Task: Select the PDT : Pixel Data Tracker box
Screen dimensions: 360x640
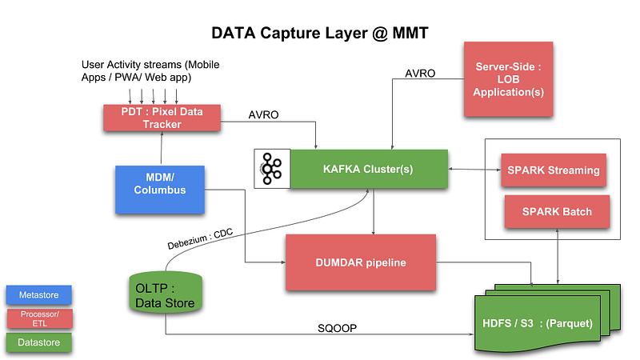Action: [x=162, y=118]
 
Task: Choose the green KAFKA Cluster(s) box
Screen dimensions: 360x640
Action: [x=369, y=170]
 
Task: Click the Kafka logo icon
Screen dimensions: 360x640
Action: [x=271, y=170]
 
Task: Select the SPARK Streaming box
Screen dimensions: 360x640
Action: [x=552, y=170]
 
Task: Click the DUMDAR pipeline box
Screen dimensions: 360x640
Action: [x=361, y=262]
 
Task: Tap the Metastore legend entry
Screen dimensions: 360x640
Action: [x=38, y=294]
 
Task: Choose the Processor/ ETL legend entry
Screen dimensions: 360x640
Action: [x=38, y=318]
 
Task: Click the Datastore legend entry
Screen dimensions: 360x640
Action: [x=38, y=342]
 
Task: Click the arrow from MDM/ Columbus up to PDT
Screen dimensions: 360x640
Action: [x=162, y=149]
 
